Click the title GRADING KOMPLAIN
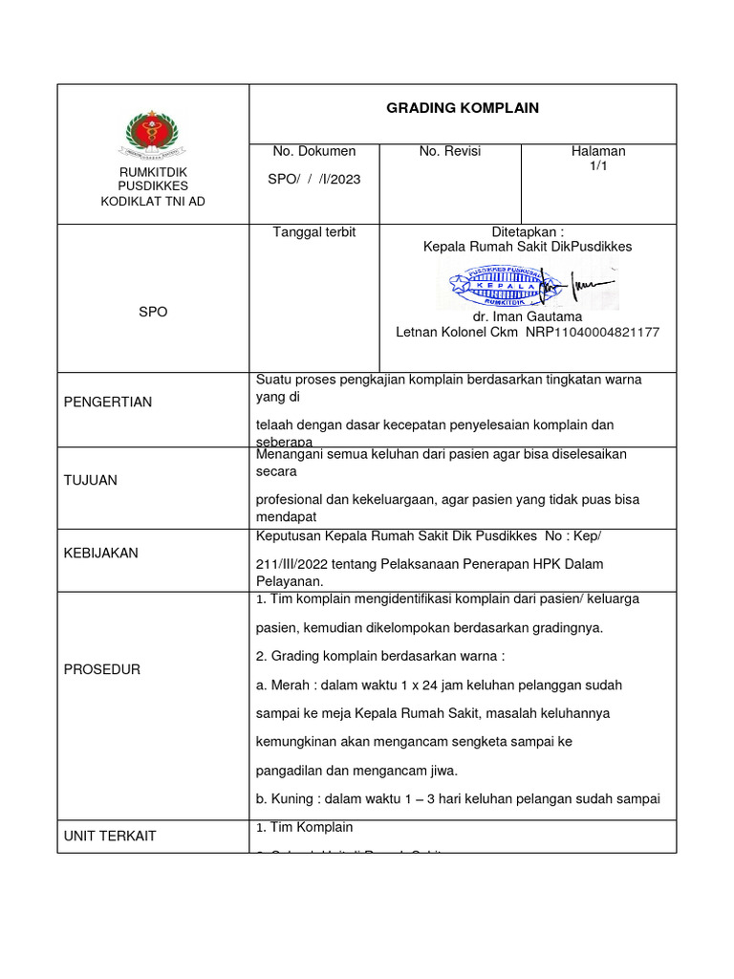coord(463,108)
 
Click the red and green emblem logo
coord(153,135)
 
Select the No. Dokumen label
coord(313,151)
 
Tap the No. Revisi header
coord(449,151)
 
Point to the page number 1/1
coord(598,166)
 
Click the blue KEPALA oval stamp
coord(492,284)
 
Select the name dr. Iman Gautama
coord(528,316)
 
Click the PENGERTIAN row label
coord(107,402)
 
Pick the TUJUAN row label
coord(90,480)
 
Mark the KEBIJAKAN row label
coord(100,553)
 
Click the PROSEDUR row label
coord(101,669)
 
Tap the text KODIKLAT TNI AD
coord(153,201)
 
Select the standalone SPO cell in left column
coord(153,312)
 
